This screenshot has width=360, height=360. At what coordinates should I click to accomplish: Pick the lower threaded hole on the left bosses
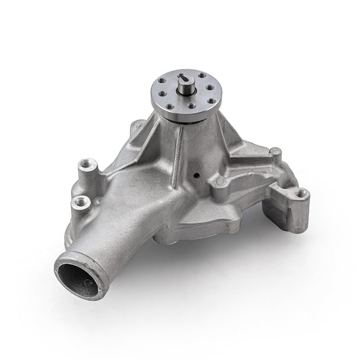pyautogui.click(x=76, y=201)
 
